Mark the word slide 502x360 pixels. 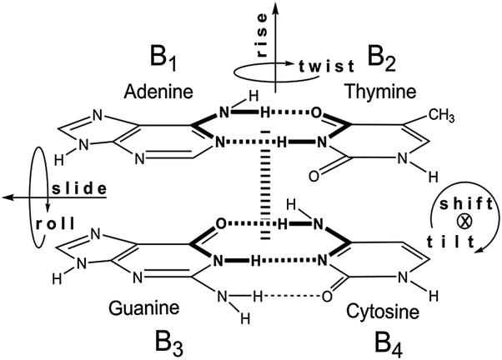(80, 188)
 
